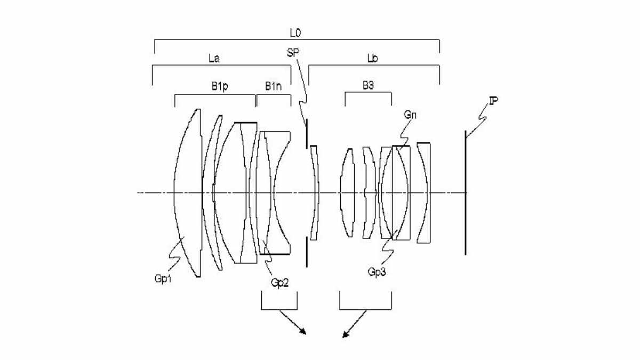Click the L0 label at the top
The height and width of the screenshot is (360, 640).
(295, 33)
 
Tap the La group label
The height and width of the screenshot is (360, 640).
(214, 59)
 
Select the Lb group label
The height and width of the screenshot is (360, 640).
(373, 58)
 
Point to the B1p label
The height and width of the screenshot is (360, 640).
(220, 86)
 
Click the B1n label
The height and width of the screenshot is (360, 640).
(273, 86)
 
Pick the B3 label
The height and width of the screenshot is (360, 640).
(369, 85)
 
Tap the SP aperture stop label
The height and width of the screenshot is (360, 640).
(293, 53)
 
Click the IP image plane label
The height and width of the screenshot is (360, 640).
(493, 101)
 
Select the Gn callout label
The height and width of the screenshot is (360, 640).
(410, 115)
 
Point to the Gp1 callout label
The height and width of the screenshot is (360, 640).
(163, 278)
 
